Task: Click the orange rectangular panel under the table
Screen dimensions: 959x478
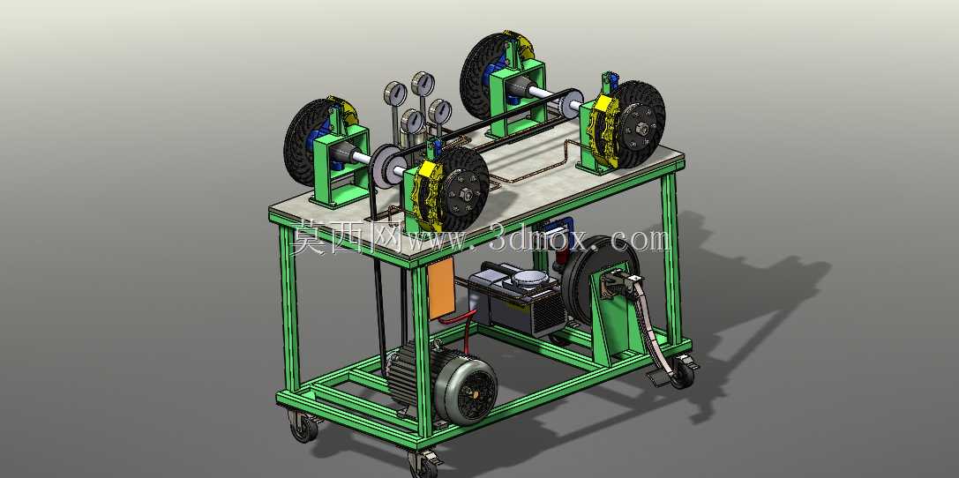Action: pyautogui.click(x=441, y=288)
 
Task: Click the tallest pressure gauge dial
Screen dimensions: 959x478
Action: pyautogui.click(x=423, y=84)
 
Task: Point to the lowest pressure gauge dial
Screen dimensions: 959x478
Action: pyautogui.click(x=413, y=121)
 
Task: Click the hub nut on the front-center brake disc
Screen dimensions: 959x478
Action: pyautogui.click(x=465, y=194)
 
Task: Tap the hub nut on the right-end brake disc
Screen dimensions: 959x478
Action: pyautogui.click(x=643, y=129)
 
